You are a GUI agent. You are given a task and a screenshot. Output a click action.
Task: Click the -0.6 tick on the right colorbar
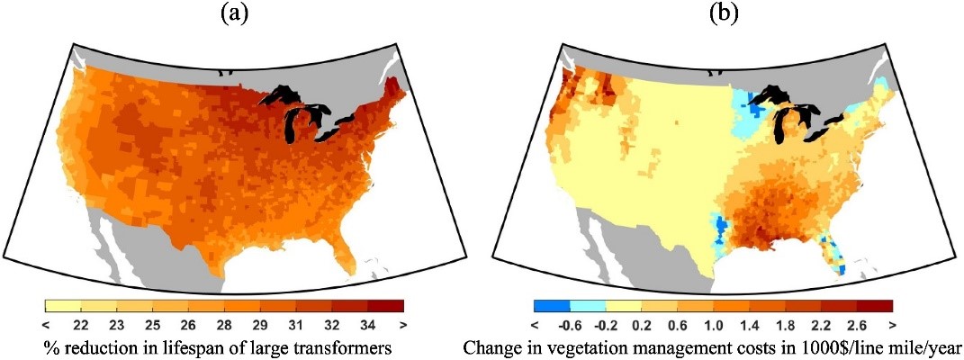tap(569, 323)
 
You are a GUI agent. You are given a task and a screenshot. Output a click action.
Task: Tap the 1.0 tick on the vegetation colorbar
tap(713, 323)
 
